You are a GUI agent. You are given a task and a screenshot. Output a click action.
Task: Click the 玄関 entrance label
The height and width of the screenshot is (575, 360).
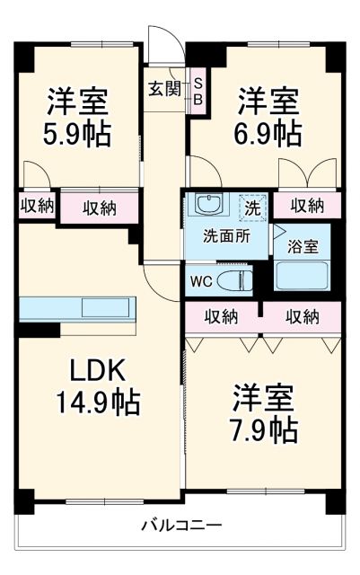click(164, 89)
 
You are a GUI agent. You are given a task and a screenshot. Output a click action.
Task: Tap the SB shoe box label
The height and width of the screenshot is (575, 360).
click(198, 90)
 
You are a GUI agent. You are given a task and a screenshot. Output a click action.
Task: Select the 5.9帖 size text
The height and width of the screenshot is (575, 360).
click(79, 134)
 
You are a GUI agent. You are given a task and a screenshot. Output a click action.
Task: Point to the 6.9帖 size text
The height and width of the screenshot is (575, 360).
click(268, 133)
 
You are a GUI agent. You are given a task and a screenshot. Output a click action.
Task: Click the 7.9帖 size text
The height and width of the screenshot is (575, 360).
click(266, 428)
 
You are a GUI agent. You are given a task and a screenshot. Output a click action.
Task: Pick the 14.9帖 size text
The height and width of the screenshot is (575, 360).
click(99, 400)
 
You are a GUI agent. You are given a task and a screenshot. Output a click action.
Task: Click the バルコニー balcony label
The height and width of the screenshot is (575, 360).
click(180, 525)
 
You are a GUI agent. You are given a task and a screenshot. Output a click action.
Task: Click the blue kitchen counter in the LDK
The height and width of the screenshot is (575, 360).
click(79, 308)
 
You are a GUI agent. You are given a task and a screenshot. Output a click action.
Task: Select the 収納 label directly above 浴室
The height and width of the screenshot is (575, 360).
click(307, 206)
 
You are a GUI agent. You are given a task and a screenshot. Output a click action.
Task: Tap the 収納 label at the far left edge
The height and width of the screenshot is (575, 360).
click(37, 206)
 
